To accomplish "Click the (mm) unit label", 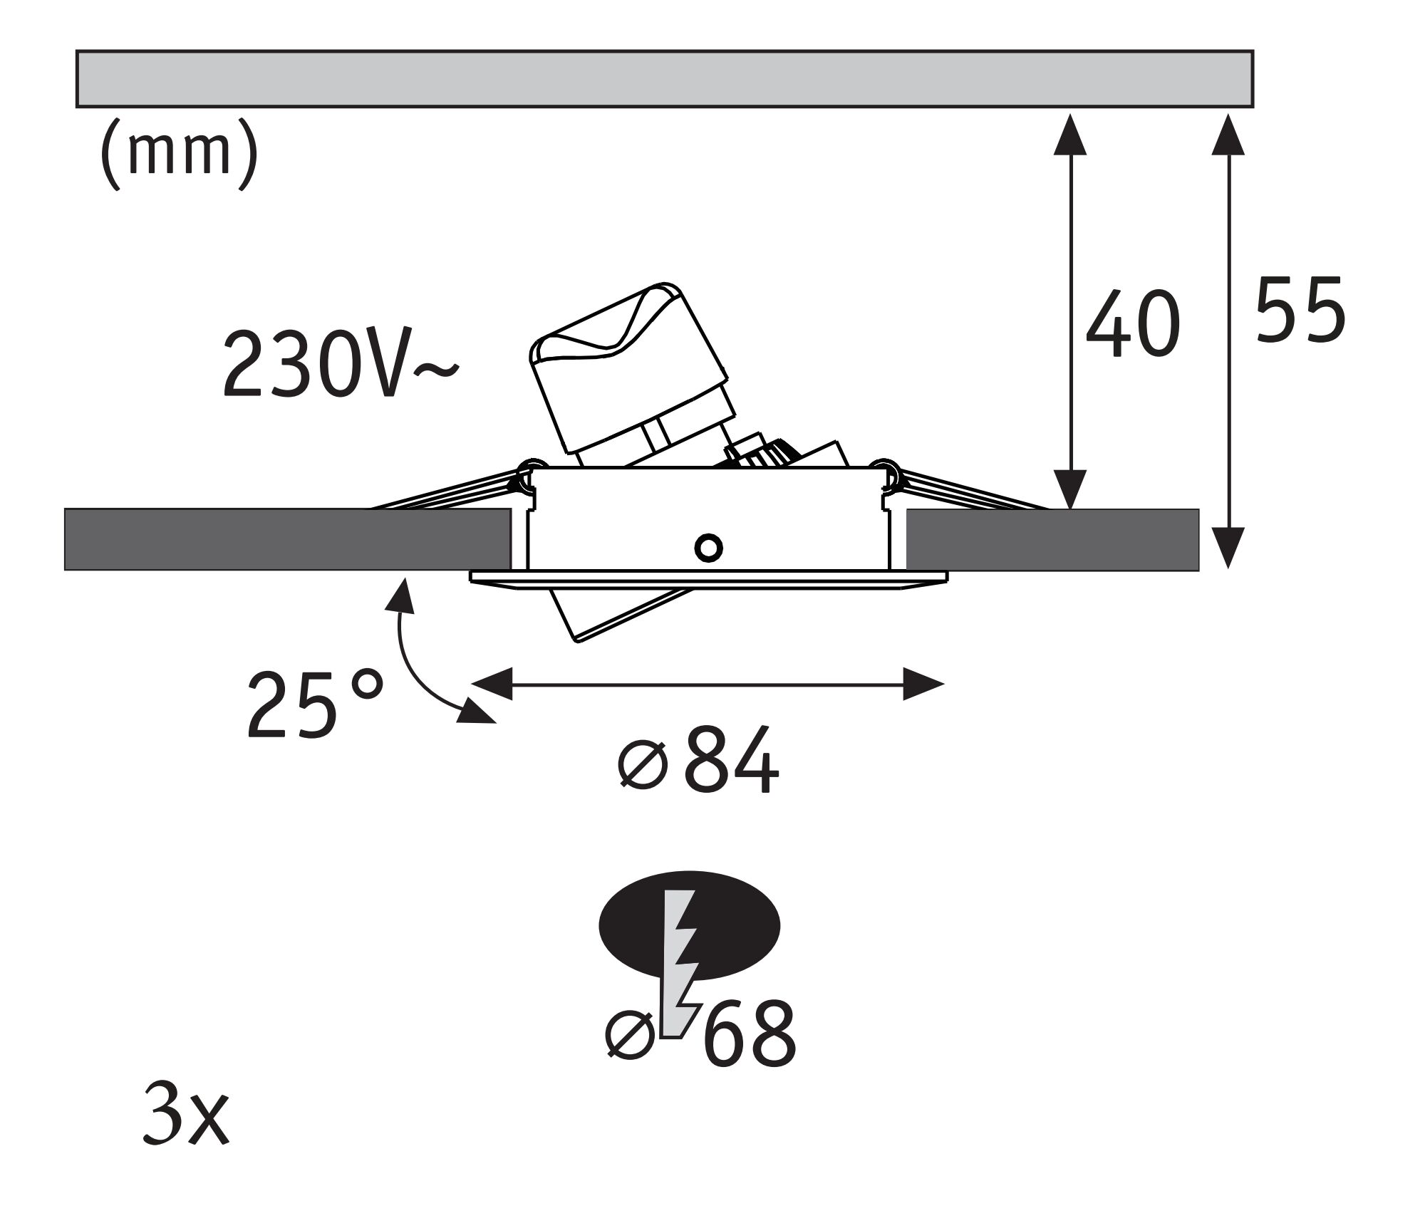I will pyautogui.click(x=178, y=158).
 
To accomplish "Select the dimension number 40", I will pyautogui.click(x=1133, y=324).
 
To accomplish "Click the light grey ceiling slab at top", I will pyautogui.click(x=663, y=78).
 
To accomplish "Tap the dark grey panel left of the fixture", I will pyautogui.click(x=285, y=539).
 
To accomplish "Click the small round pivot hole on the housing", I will pyautogui.click(x=709, y=547).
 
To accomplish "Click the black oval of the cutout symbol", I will pyautogui.click(x=631, y=926).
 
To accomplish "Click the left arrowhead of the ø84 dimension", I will pyautogui.click(x=492, y=684).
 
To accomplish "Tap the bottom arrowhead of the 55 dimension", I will pyautogui.click(x=1228, y=548).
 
